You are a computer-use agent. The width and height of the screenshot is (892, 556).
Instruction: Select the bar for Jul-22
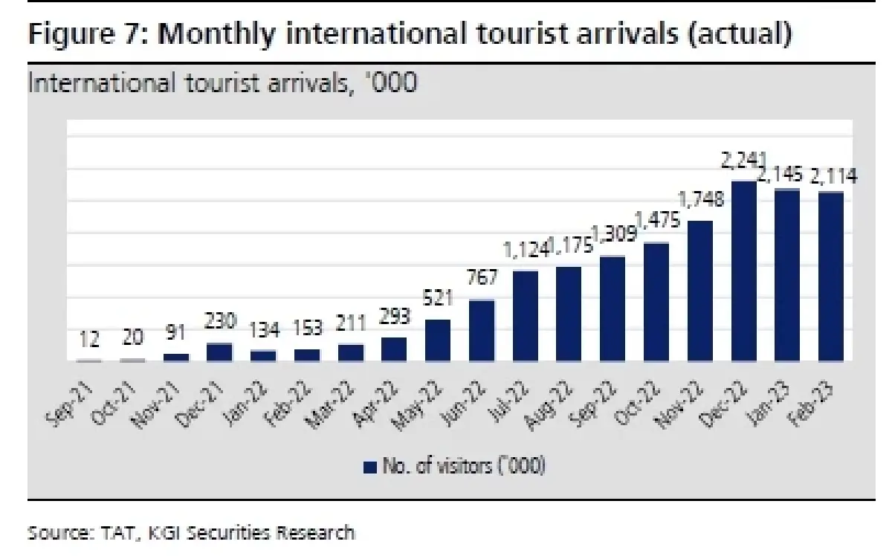click(x=526, y=316)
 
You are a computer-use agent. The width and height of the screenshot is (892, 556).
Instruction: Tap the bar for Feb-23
click(x=831, y=277)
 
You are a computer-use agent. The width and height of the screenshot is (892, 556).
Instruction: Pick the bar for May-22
click(x=438, y=340)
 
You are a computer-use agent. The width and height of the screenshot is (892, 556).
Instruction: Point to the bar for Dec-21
click(x=219, y=352)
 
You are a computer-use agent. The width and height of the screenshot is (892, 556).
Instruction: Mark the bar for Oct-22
click(x=656, y=302)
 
